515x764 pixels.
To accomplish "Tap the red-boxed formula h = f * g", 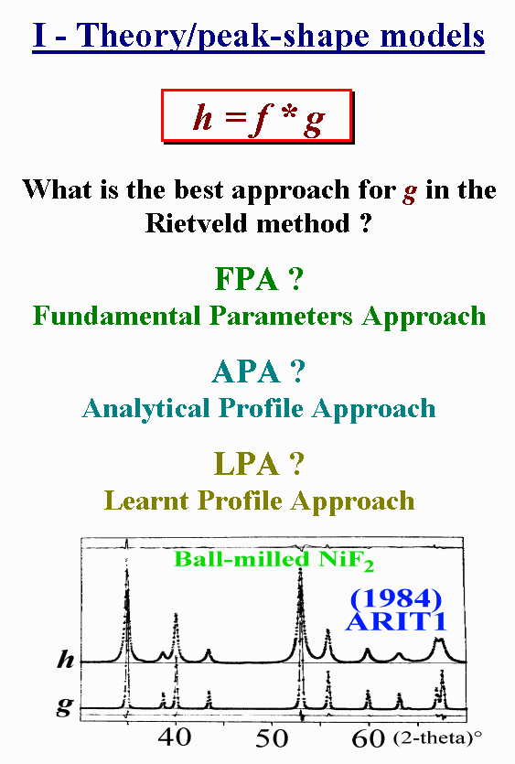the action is click(x=257, y=117).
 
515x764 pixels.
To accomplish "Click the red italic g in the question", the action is click(x=410, y=192).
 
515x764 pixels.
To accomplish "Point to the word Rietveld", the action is click(x=197, y=223).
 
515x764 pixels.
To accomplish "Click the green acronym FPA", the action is click(x=247, y=279).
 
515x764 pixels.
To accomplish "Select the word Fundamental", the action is click(x=117, y=316).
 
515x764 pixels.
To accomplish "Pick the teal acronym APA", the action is click(x=246, y=371).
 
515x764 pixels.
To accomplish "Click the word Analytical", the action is click(x=145, y=408).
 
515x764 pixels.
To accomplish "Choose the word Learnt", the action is click(x=146, y=500).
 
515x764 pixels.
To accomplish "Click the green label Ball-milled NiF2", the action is click(x=274, y=559).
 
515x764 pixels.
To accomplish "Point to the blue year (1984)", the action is click(x=396, y=598).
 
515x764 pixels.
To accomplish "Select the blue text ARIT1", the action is click(x=396, y=621).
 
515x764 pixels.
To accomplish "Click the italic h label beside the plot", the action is click(x=65, y=660).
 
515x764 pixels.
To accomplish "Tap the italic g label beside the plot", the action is click(x=64, y=706).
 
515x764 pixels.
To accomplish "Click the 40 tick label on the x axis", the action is click(x=175, y=737).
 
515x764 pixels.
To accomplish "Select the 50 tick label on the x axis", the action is click(x=272, y=737).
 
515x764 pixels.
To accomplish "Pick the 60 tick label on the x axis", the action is click(x=369, y=737).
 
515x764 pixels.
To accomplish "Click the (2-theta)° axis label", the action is click(x=437, y=738).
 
